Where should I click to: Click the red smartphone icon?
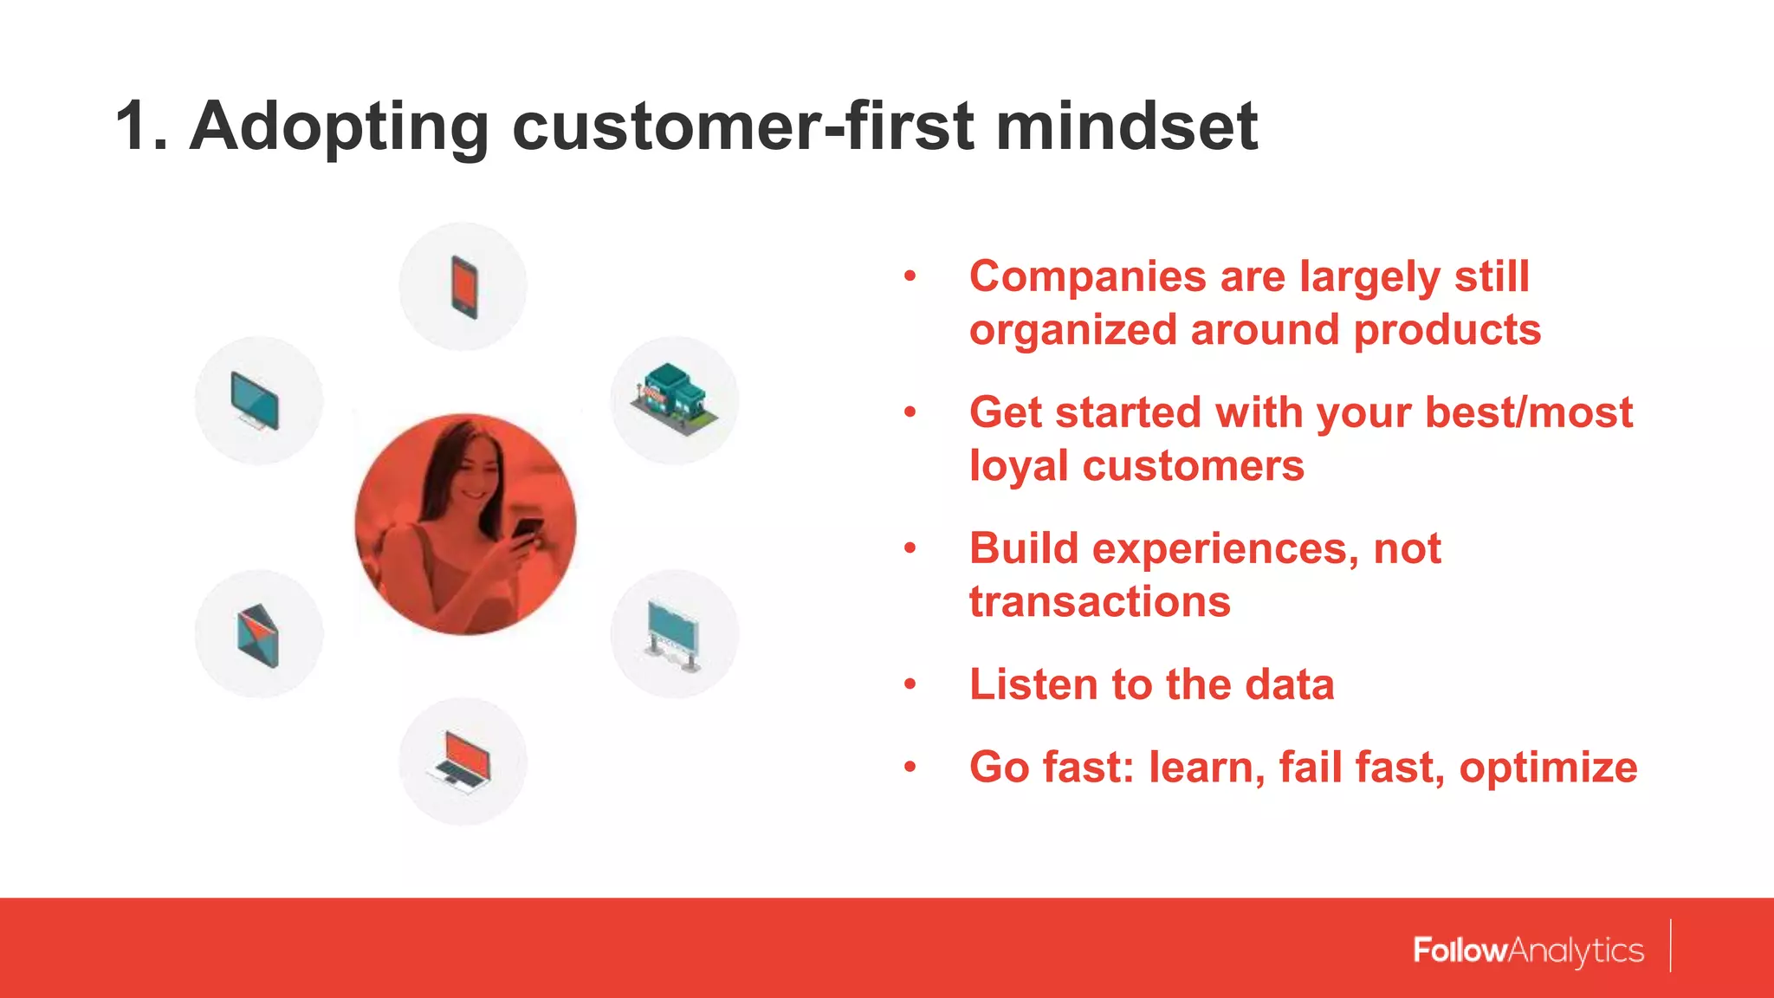(464, 287)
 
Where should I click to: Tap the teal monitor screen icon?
(256, 401)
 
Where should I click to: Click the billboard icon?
(673, 635)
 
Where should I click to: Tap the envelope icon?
(258, 635)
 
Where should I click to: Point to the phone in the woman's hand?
(526, 529)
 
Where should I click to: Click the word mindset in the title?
(1126, 126)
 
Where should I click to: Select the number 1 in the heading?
(133, 126)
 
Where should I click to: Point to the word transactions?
(1099, 602)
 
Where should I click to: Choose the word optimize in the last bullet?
(1547, 768)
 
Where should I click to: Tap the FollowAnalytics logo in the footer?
(1528, 950)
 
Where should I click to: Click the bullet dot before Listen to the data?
(910, 684)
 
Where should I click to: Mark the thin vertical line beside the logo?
(1670, 946)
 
